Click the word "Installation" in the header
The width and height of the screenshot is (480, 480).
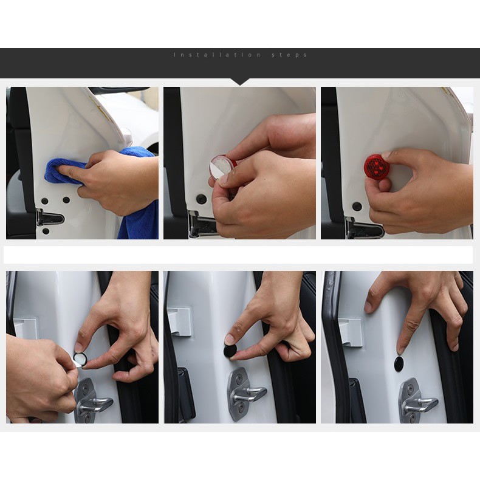click(218, 55)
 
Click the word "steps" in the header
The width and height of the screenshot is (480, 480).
click(289, 55)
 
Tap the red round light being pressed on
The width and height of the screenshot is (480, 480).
click(375, 165)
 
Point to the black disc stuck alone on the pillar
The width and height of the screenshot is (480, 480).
click(399, 363)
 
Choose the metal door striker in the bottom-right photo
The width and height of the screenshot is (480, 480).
click(416, 400)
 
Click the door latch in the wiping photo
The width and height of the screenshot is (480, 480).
click(50, 217)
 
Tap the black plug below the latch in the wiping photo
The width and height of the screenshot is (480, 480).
click(46, 231)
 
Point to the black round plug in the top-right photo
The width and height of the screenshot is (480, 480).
click(357, 206)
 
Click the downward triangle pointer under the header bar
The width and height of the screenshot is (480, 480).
click(240, 82)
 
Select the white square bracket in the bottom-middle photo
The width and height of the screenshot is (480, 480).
click(180, 321)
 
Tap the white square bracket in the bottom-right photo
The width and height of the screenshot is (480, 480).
click(351, 332)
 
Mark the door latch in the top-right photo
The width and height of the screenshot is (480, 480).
click(365, 227)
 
